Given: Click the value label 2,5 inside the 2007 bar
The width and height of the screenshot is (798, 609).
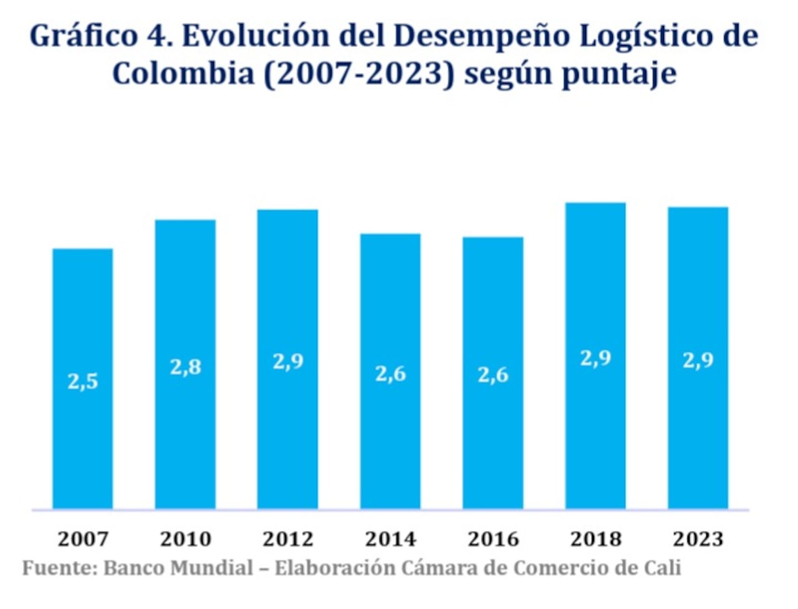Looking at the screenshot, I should pyautogui.click(x=83, y=381).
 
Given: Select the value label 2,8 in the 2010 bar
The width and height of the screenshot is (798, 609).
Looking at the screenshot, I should pyautogui.click(x=186, y=367).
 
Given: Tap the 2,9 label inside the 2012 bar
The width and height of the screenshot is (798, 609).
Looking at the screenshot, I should pyautogui.click(x=288, y=361).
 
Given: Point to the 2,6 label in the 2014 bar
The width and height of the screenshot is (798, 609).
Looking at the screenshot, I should pyautogui.click(x=390, y=373).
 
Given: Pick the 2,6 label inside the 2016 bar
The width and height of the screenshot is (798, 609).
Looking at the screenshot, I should pyautogui.click(x=493, y=375).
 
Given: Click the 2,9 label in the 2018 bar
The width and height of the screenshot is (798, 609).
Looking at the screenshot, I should pyautogui.click(x=595, y=358).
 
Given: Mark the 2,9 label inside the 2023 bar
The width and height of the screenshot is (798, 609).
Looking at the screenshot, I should pyautogui.click(x=698, y=360).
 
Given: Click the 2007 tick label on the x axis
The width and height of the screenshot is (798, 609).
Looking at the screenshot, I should pyautogui.click(x=83, y=538).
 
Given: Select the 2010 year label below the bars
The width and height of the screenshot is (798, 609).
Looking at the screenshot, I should pyautogui.click(x=186, y=538).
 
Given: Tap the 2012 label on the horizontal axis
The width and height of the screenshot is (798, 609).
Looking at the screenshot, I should pyautogui.click(x=288, y=538).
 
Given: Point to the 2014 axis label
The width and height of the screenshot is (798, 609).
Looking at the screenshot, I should pyautogui.click(x=390, y=538).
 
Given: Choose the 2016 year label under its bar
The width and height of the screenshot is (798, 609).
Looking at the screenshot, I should pyautogui.click(x=493, y=538).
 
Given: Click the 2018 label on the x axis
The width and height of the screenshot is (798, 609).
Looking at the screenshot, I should pyautogui.click(x=595, y=538).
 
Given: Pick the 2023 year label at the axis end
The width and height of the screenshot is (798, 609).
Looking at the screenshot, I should pyautogui.click(x=698, y=538).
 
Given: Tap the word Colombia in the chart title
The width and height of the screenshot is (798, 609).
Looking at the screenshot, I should pyautogui.click(x=183, y=74).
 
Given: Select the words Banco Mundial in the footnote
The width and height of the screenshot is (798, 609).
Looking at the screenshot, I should pyautogui.click(x=178, y=568).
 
